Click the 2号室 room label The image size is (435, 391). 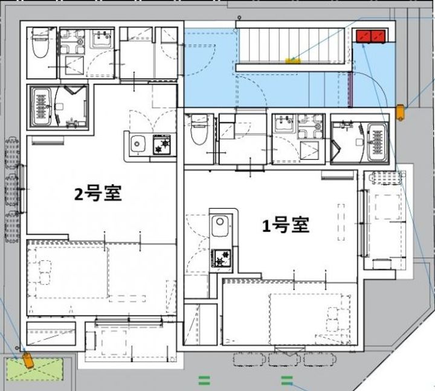(98, 194)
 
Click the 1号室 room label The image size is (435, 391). (286, 225)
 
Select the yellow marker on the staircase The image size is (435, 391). (293, 60)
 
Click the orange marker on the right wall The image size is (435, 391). (401, 113)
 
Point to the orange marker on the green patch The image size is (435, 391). (28, 360)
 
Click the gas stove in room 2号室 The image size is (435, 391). (163, 145)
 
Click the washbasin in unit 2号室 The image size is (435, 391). (101, 40)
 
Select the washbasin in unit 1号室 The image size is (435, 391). (283, 126)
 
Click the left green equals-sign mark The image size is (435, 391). (204, 380)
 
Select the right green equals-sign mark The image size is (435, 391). (287, 380)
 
